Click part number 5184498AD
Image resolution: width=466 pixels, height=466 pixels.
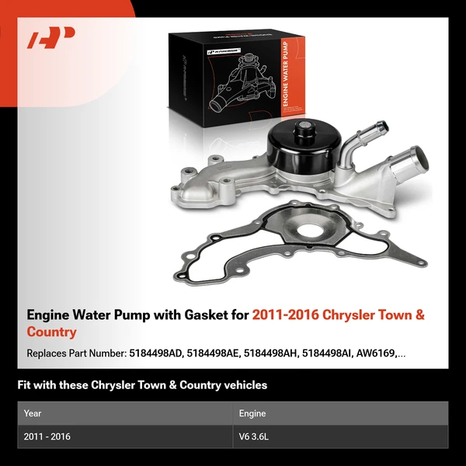pyautogui.click(x=155, y=353)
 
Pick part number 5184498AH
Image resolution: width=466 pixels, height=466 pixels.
pyautogui.click(x=272, y=353)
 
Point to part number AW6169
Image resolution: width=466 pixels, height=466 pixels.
pyautogui.click(x=379, y=353)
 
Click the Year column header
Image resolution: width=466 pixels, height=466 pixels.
pyautogui.click(x=33, y=413)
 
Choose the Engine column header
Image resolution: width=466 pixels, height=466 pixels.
pyautogui.click(x=252, y=413)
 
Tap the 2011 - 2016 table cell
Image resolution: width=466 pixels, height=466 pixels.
pyautogui.click(x=47, y=436)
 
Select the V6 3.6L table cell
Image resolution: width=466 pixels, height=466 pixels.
pyautogui.click(x=253, y=436)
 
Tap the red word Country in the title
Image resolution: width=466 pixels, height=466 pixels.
pyautogui.click(x=51, y=332)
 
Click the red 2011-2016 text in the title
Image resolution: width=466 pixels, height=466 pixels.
pyautogui.click(x=282, y=316)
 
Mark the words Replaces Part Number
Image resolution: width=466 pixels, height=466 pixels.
pyautogui.click(x=75, y=353)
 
